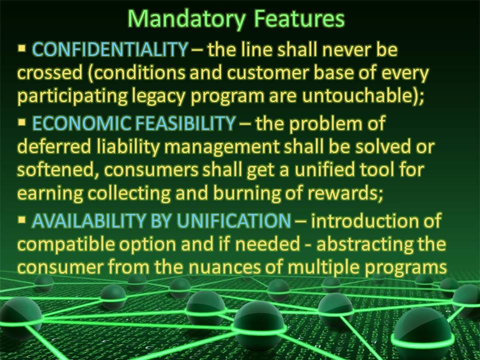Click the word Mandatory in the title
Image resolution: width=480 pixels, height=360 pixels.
186,19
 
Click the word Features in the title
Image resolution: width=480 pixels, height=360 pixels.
299,18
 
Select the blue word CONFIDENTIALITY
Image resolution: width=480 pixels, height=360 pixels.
110,49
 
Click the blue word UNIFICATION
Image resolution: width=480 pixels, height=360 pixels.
234,220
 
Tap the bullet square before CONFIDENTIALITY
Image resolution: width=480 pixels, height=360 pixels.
21,48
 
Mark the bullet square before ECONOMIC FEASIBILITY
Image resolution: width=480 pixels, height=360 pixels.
21,122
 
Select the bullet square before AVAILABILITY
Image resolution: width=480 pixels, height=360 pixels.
21,219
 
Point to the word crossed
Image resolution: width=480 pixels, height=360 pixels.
50,73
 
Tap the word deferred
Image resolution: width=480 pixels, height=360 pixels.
54,146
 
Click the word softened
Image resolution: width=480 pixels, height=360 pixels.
55,170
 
